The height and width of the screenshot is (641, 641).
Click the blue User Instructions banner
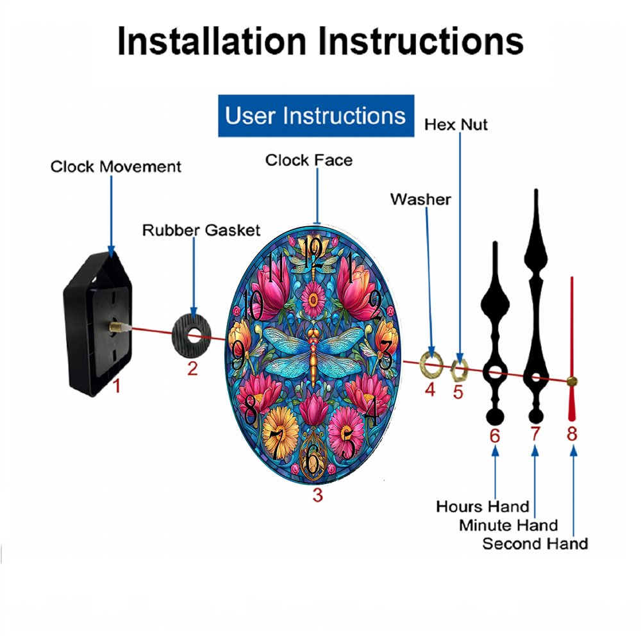[x=316, y=115]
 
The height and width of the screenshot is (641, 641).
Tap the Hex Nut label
[x=456, y=124]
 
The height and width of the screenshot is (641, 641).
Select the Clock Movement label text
[x=115, y=167]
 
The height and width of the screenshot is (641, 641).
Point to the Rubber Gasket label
[x=201, y=230]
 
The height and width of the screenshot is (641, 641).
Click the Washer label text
[x=420, y=199]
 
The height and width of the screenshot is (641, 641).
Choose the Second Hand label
[x=535, y=544]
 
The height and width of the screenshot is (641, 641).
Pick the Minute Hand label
[x=508, y=525]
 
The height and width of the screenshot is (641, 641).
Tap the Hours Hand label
[x=483, y=506]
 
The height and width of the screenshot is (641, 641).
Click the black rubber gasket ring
[x=192, y=336]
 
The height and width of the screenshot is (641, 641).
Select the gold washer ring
[x=431, y=363]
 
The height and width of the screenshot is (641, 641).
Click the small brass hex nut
[x=459, y=370]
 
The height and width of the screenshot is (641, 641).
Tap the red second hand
[x=572, y=349]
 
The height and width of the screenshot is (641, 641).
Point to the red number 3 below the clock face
[x=318, y=495]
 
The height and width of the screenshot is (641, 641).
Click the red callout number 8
[x=572, y=434]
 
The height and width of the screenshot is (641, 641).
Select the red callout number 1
[x=117, y=386]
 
